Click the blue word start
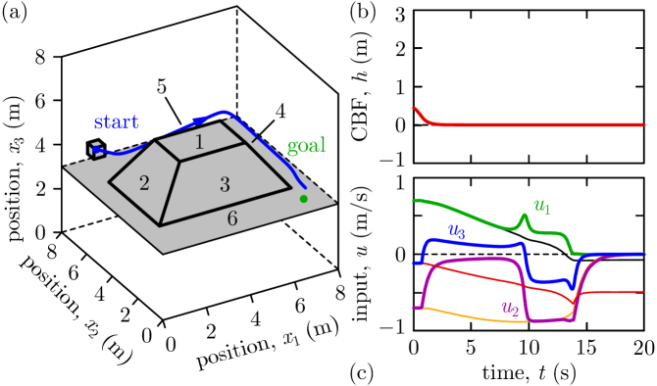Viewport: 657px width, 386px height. (x=116, y=122)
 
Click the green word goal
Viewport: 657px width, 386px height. (x=306, y=147)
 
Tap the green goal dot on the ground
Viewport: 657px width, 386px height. (x=303, y=199)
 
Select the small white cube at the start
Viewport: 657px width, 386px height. (x=96, y=150)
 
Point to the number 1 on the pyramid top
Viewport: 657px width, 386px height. (x=199, y=143)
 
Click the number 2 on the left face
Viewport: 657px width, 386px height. (x=144, y=184)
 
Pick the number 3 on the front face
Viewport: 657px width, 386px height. (x=225, y=184)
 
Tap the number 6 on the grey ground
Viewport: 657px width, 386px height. (x=232, y=218)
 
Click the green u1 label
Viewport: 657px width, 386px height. (x=541, y=207)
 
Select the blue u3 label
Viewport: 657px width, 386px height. (x=456, y=231)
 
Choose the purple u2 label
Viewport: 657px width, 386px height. (x=510, y=308)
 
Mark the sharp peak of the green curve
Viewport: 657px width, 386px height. (x=525, y=217)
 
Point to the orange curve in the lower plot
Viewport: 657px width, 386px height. (x=471, y=316)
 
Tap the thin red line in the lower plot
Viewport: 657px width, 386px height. (x=490, y=276)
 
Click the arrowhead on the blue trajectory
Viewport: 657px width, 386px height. (x=199, y=121)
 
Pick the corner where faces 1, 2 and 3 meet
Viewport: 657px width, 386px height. (x=179, y=162)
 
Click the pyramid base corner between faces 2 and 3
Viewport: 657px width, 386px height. (x=160, y=226)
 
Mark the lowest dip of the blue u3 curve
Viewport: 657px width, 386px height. (x=572, y=288)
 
